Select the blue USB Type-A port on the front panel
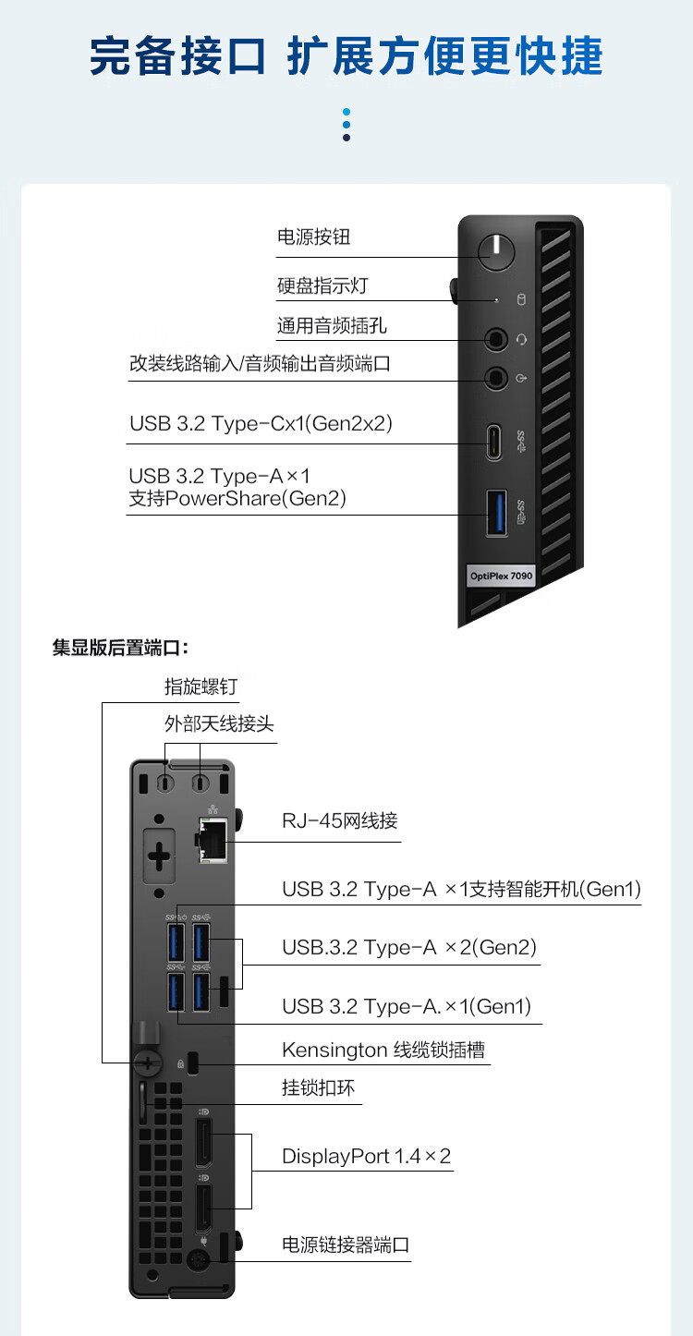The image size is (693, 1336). pos(496,513)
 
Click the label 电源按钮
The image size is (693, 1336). pos(314,237)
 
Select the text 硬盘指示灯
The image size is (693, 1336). pos(322,285)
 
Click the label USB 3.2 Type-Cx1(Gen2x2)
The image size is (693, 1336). pos(261,424)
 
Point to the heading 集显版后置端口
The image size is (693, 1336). pos(120,648)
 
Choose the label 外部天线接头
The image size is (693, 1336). pos(219,723)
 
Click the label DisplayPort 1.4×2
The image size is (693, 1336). pos(366,1156)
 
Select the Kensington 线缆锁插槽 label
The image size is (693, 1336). pos(383,1050)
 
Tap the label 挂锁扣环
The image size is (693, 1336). pos(318,1087)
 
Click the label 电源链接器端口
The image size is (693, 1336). pos(346,1245)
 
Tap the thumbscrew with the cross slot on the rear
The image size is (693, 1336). pos(146,1063)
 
